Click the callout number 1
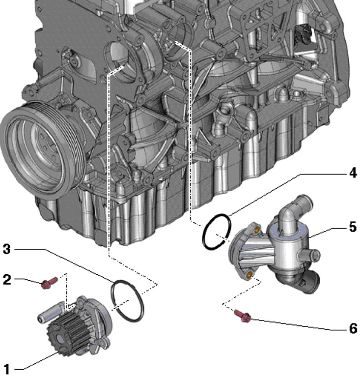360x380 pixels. (6, 368)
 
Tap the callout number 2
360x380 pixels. (6, 280)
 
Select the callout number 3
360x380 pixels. (6, 249)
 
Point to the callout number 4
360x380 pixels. (353, 173)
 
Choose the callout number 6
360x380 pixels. (353, 328)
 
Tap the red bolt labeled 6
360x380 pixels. (243, 316)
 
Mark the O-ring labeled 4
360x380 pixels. (215, 232)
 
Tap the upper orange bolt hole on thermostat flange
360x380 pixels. (256, 229)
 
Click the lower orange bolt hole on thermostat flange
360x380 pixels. (250, 273)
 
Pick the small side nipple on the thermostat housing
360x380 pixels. (312, 255)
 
